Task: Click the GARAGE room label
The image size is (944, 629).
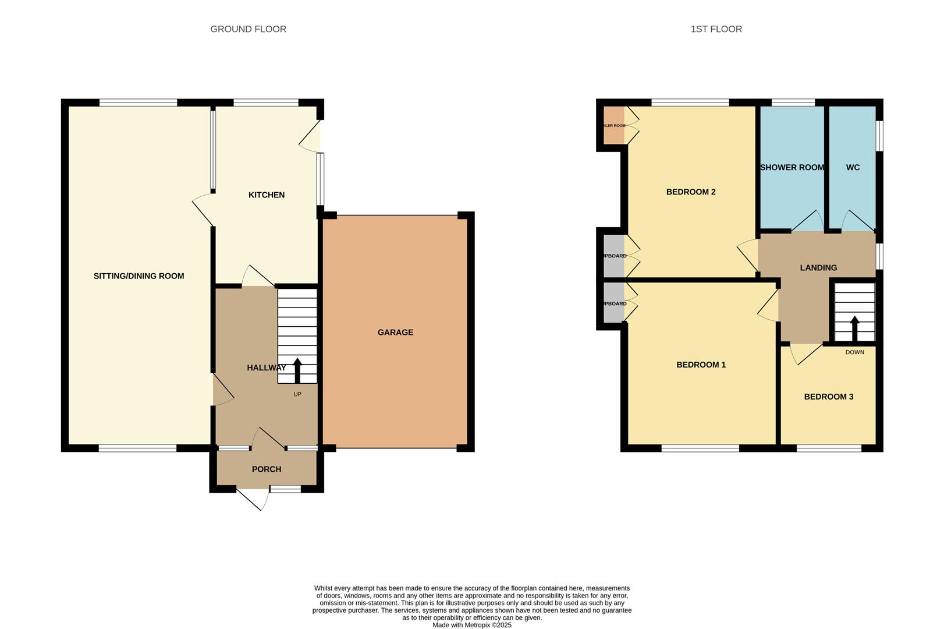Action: coord(395,332)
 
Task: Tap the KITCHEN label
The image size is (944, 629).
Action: coord(267,195)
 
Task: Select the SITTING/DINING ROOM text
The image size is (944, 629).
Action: coord(139,276)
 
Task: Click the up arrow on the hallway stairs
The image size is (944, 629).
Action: coord(297,370)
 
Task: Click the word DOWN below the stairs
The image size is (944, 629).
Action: coord(854,352)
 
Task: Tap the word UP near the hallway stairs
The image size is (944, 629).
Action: coord(297,394)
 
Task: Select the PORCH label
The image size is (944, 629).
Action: coord(267,469)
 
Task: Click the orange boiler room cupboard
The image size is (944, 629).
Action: coord(613,125)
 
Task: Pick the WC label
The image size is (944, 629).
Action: coord(853,167)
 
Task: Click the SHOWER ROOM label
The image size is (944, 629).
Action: coord(792,167)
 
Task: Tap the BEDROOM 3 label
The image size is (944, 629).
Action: coord(828,397)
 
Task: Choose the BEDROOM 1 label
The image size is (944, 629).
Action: coord(701,365)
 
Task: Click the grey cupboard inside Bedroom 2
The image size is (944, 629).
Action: coord(613,256)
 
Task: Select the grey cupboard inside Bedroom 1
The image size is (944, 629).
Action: coord(613,303)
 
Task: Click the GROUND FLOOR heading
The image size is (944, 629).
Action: coord(248,29)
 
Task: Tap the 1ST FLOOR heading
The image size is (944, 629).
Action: coord(716,29)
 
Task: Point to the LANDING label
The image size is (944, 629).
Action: coord(818,267)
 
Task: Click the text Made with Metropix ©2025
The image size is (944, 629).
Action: coord(471,625)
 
